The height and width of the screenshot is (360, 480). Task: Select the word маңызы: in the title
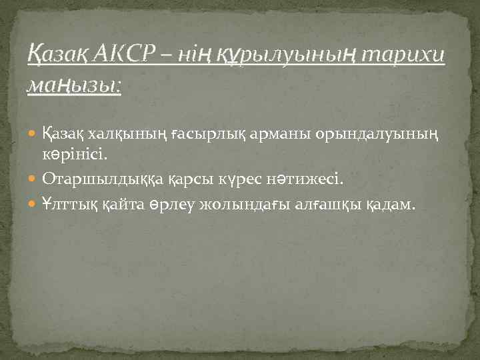click(x=74, y=85)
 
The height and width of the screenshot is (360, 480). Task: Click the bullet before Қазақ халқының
click(x=35, y=137)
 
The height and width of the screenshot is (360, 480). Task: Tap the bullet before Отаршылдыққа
click(x=35, y=179)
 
